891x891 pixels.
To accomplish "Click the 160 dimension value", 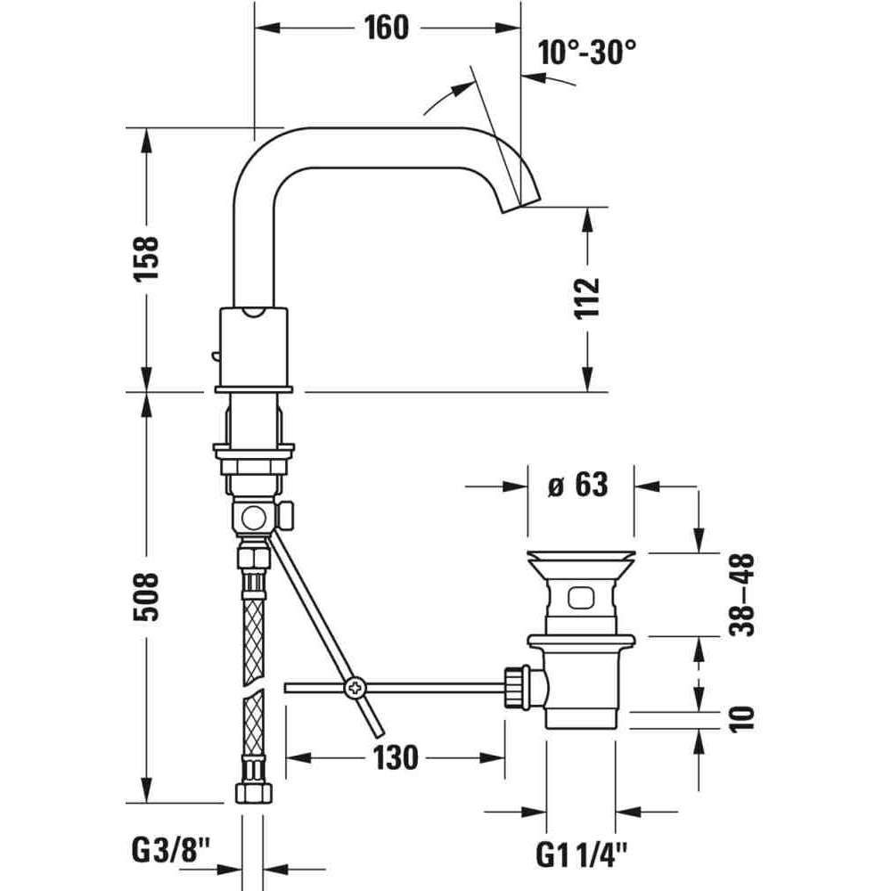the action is click(x=386, y=28).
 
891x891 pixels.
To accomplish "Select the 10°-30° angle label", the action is click(x=587, y=53).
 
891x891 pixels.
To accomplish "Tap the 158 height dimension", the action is click(x=146, y=258).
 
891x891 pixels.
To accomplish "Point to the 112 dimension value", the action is click(x=587, y=298).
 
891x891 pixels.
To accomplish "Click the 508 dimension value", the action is click(x=146, y=597).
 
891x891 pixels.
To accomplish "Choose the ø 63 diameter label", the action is click(x=578, y=486).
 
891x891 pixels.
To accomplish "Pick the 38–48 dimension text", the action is click(x=742, y=594).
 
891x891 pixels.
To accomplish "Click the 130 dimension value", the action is click(x=396, y=757).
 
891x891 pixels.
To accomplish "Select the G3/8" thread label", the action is click(x=171, y=851).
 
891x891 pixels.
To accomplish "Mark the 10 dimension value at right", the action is click(x=742, y=719).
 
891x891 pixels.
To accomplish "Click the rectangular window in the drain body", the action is click(x=581, y=598).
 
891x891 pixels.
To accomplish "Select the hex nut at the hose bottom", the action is click(x=253, y=792).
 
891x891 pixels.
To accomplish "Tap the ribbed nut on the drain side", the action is click(x=515, y=688).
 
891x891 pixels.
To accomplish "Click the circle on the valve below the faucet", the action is click(x=253, y=519).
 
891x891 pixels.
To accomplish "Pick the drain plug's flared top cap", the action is click(x=581, y=562).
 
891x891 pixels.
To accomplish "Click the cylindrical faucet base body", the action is click(x=253, y=347).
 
